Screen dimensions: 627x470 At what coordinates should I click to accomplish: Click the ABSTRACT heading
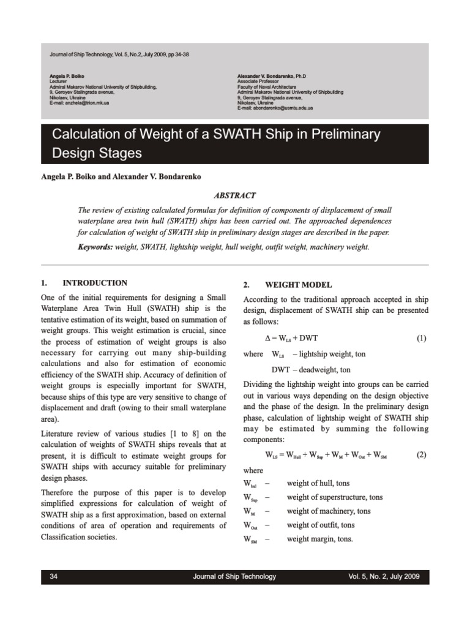234,195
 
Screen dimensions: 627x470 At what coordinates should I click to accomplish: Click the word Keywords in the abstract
97,247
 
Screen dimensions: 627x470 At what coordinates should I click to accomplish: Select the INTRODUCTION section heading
95,283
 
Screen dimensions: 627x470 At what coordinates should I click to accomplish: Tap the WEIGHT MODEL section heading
297,285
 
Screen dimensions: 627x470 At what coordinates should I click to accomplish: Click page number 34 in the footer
53,576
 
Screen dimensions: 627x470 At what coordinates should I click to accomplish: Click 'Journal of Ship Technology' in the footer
234,576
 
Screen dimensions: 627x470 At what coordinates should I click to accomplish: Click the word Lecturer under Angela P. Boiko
59,81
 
